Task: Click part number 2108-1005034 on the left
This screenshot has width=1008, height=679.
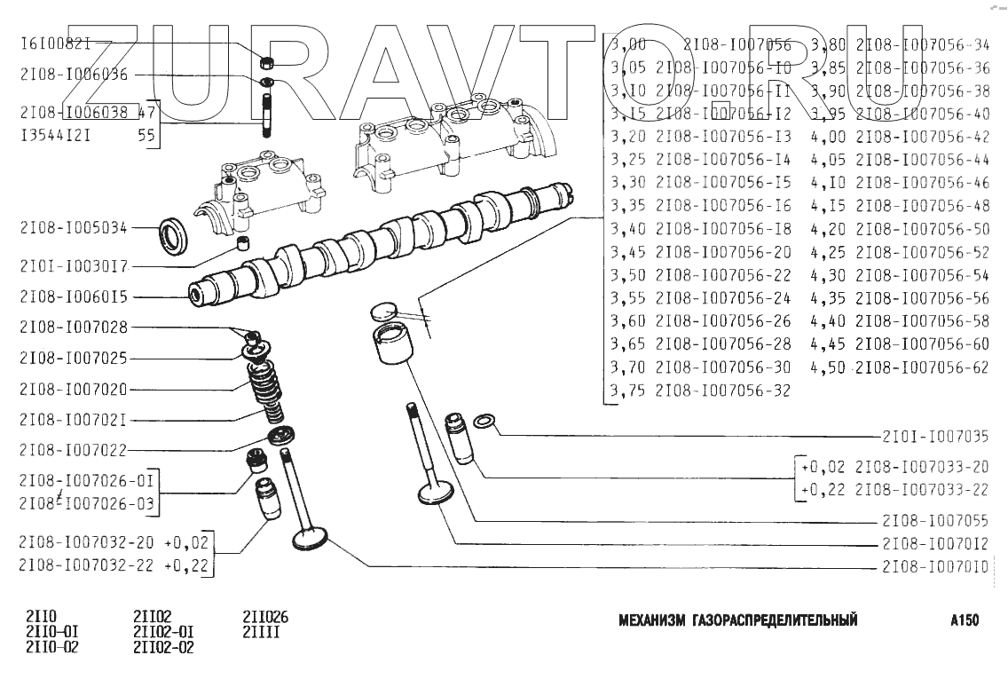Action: click(x=74, y=228)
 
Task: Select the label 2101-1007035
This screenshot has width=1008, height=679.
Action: click(x=935, y=437)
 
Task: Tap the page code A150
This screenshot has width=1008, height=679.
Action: click(x=964, y=620)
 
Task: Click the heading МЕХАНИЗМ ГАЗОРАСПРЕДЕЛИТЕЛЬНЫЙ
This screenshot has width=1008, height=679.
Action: click(x=737, y=620)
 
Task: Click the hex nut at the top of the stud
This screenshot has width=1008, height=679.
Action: click(x=265, y=63)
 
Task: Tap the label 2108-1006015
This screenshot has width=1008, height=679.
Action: click(x=74, y=297)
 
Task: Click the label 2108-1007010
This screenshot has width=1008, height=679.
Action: click(x=935, y=567)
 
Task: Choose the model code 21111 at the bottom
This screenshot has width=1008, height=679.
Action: click(x=261, y=633)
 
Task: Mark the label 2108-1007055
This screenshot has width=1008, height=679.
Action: click(x=935, y=521)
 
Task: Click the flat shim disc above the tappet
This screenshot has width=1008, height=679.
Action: click(x=383, y=312)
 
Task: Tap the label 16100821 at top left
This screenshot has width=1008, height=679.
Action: click(x=56, y=43)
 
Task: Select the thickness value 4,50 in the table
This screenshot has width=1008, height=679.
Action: click(x=826, y=367)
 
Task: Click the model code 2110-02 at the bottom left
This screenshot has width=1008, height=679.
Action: click(x=52, y=647)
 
